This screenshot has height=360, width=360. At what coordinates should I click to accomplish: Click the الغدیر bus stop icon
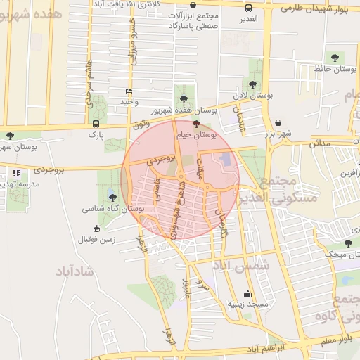point(248,8)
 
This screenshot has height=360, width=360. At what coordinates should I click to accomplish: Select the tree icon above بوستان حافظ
point(333,57)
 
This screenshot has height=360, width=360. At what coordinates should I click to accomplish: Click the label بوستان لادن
point(250,94)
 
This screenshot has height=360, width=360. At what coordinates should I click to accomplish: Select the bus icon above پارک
point(95,122)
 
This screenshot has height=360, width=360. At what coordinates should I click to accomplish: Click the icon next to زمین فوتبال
point(96,228)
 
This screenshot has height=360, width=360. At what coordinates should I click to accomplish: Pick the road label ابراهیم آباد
point(275,348)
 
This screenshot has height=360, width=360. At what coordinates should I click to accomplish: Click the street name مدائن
point(319,142)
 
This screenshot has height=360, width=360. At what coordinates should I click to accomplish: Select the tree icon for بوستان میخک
point(347,243)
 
